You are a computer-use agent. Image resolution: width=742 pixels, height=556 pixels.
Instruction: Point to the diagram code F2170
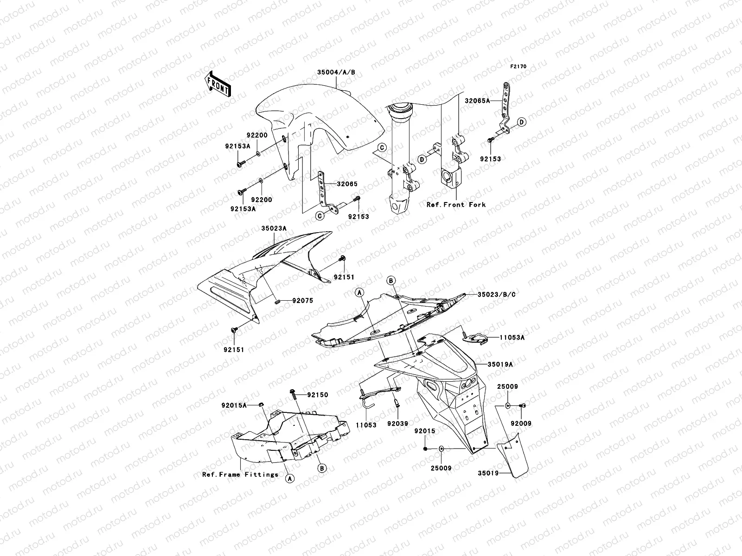point(518,67)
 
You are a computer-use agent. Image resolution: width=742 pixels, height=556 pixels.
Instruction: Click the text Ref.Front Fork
point(456,204)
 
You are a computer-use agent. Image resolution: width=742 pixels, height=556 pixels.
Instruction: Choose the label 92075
point(302,301)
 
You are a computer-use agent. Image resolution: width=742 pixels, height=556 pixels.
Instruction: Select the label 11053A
point(512,338)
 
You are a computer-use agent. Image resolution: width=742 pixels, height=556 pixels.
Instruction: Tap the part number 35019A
point(500,365)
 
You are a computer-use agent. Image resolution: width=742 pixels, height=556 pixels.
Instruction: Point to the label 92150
point(318,395)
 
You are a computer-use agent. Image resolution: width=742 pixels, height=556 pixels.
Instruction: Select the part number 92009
point(521,423)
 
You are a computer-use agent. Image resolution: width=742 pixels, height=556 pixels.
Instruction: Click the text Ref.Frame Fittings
point(240,474)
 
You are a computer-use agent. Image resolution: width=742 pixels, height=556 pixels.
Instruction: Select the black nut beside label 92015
point(425,449)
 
